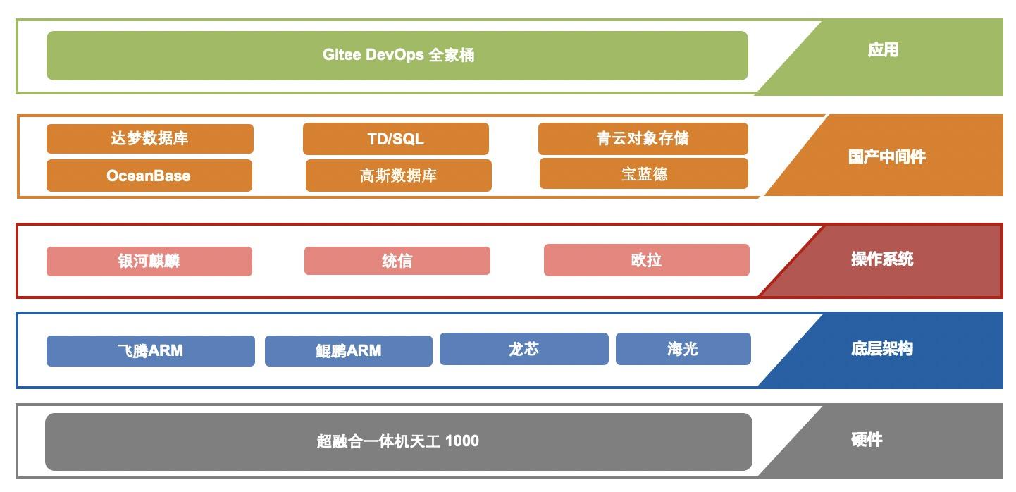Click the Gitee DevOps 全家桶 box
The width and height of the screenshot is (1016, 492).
tap(397, 55)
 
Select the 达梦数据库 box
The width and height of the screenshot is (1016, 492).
tap(149, 138)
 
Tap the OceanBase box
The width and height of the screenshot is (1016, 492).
tap(149, 176)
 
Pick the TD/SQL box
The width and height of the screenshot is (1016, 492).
tap(395, 139)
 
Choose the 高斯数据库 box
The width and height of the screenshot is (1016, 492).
tap(398, 176)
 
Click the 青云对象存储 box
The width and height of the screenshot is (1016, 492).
tap(643, 138)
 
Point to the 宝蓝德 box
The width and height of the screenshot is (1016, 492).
tap(643, 173)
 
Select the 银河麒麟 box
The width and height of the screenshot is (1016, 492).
tap(149, 261)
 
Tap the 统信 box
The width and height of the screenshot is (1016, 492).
tap(397, 261)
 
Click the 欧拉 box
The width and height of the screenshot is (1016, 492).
tap(646, 260)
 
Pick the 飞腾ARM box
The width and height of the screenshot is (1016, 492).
tap(150, 350)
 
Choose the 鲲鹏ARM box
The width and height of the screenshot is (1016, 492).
tap(348, 350)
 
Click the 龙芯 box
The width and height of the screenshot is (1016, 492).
tap(524, 349)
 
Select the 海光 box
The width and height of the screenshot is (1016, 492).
tap(683, 349)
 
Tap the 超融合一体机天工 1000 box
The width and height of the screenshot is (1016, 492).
tap(398, 441)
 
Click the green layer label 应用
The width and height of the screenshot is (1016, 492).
tap(882, 50)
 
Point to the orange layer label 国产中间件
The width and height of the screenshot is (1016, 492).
tap(886, 156)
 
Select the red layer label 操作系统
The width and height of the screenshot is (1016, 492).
tap(881, 259)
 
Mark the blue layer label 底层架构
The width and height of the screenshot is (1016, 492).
tap(881, 348)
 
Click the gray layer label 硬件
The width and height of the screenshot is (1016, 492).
tap(866, 440)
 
